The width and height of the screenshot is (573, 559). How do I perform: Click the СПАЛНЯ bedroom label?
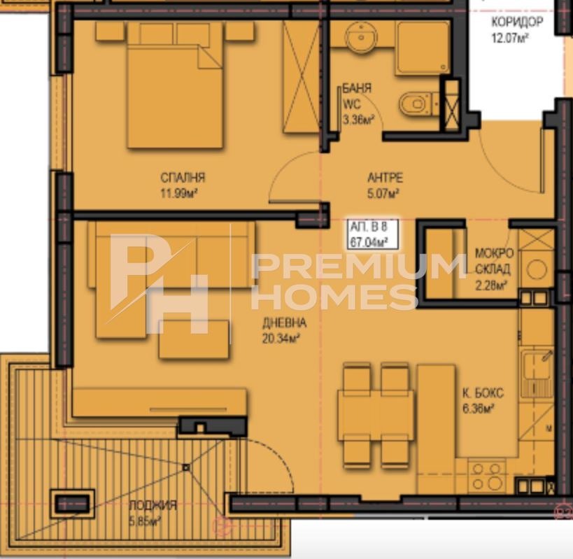(x=183, y=178)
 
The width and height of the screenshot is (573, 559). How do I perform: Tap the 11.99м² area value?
(x=179, y=193)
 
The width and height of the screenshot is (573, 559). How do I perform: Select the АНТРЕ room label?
(x=385, y=178)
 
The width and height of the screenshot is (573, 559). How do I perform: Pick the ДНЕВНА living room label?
(x=284, y=323)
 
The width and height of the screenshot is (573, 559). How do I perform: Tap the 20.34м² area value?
(x=281, y=339)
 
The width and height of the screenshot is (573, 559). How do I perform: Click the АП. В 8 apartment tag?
(x=368, y=227)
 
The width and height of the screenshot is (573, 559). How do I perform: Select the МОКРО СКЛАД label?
(x=493, y=261)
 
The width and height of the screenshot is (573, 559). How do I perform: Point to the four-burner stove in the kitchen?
(x=487, y=476)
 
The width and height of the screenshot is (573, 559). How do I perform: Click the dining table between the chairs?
(x=376, y=415)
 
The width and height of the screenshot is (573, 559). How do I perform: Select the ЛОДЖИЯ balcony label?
(x=153, y=505)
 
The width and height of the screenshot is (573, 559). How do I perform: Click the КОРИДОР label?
(x=517, y=22)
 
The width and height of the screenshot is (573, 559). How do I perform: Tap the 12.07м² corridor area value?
(x=511, y=38)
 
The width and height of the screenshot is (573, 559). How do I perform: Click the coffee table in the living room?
(x=194, y=339)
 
